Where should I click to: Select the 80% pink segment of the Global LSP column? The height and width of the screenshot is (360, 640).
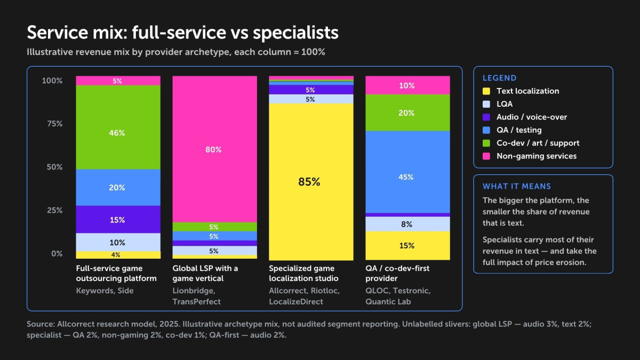(x=214, y=149)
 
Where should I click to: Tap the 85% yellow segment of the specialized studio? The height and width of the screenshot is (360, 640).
(x=311, y=182)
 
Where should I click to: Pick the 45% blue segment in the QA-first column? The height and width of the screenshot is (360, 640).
(x=407, y=172)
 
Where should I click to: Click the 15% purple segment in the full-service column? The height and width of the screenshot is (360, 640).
(x=118, y=219)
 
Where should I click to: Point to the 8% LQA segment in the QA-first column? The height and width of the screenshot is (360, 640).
(x=407, y=224)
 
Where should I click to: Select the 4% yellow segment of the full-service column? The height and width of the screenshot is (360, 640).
(x=118, y=255)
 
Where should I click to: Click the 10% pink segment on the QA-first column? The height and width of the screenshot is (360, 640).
(x=407, y=85)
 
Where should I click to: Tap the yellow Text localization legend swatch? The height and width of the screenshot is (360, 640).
(x=486, y=91)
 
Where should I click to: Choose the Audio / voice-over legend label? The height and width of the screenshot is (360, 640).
(x=532, y=117)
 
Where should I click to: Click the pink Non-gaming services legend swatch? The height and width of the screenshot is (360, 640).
(x=486, y=156)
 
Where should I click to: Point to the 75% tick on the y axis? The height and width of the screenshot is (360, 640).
(x=55, y=124)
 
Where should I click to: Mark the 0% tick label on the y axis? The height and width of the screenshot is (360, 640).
(x=57, y=254)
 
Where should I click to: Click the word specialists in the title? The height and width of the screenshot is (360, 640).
(x=295, y=33)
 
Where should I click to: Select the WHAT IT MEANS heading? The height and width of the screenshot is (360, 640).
(x=517, y=186)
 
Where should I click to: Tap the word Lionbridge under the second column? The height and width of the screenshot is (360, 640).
(x=194, y=291)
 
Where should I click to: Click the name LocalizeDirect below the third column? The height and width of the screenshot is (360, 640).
(x=296, y=302)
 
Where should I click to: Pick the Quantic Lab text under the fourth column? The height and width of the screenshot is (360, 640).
(x=388, y=302)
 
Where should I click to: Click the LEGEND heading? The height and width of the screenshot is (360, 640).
(x=499, y=78)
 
